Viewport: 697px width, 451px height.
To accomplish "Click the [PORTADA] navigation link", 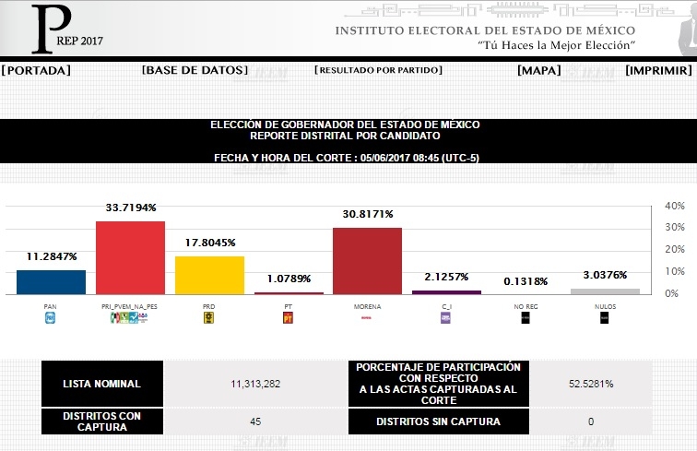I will click(36, 70).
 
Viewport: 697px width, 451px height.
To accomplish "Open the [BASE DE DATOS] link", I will click(195, 70).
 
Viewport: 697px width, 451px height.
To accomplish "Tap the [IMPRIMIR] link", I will click(658, 70).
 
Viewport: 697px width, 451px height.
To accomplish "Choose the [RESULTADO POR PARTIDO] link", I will click(378, 70).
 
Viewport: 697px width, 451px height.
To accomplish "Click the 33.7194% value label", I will click(131, 208).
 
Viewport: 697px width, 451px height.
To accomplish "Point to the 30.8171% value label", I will click(367, 214).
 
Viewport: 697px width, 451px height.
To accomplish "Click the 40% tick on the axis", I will click(674, 206).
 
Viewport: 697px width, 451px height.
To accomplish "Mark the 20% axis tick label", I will click(674, 250).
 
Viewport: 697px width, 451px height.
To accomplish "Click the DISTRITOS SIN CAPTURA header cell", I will click(438, 422).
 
